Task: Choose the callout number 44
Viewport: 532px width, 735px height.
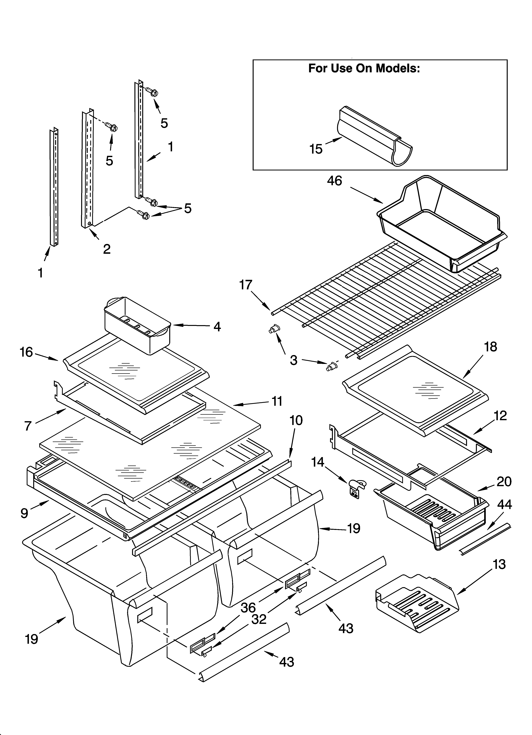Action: coord(505,505)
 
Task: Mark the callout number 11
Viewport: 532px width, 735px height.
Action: coord(277,401)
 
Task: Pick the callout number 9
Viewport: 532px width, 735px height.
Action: coord(24,513)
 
